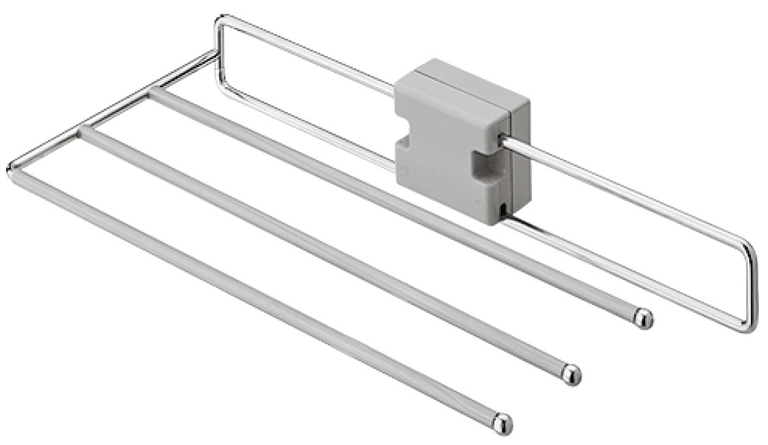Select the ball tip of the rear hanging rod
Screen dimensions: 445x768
pyautogui.click(x=643, y=318)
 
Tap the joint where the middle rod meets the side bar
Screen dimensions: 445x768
pyautogui.click(x=85, y=131)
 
